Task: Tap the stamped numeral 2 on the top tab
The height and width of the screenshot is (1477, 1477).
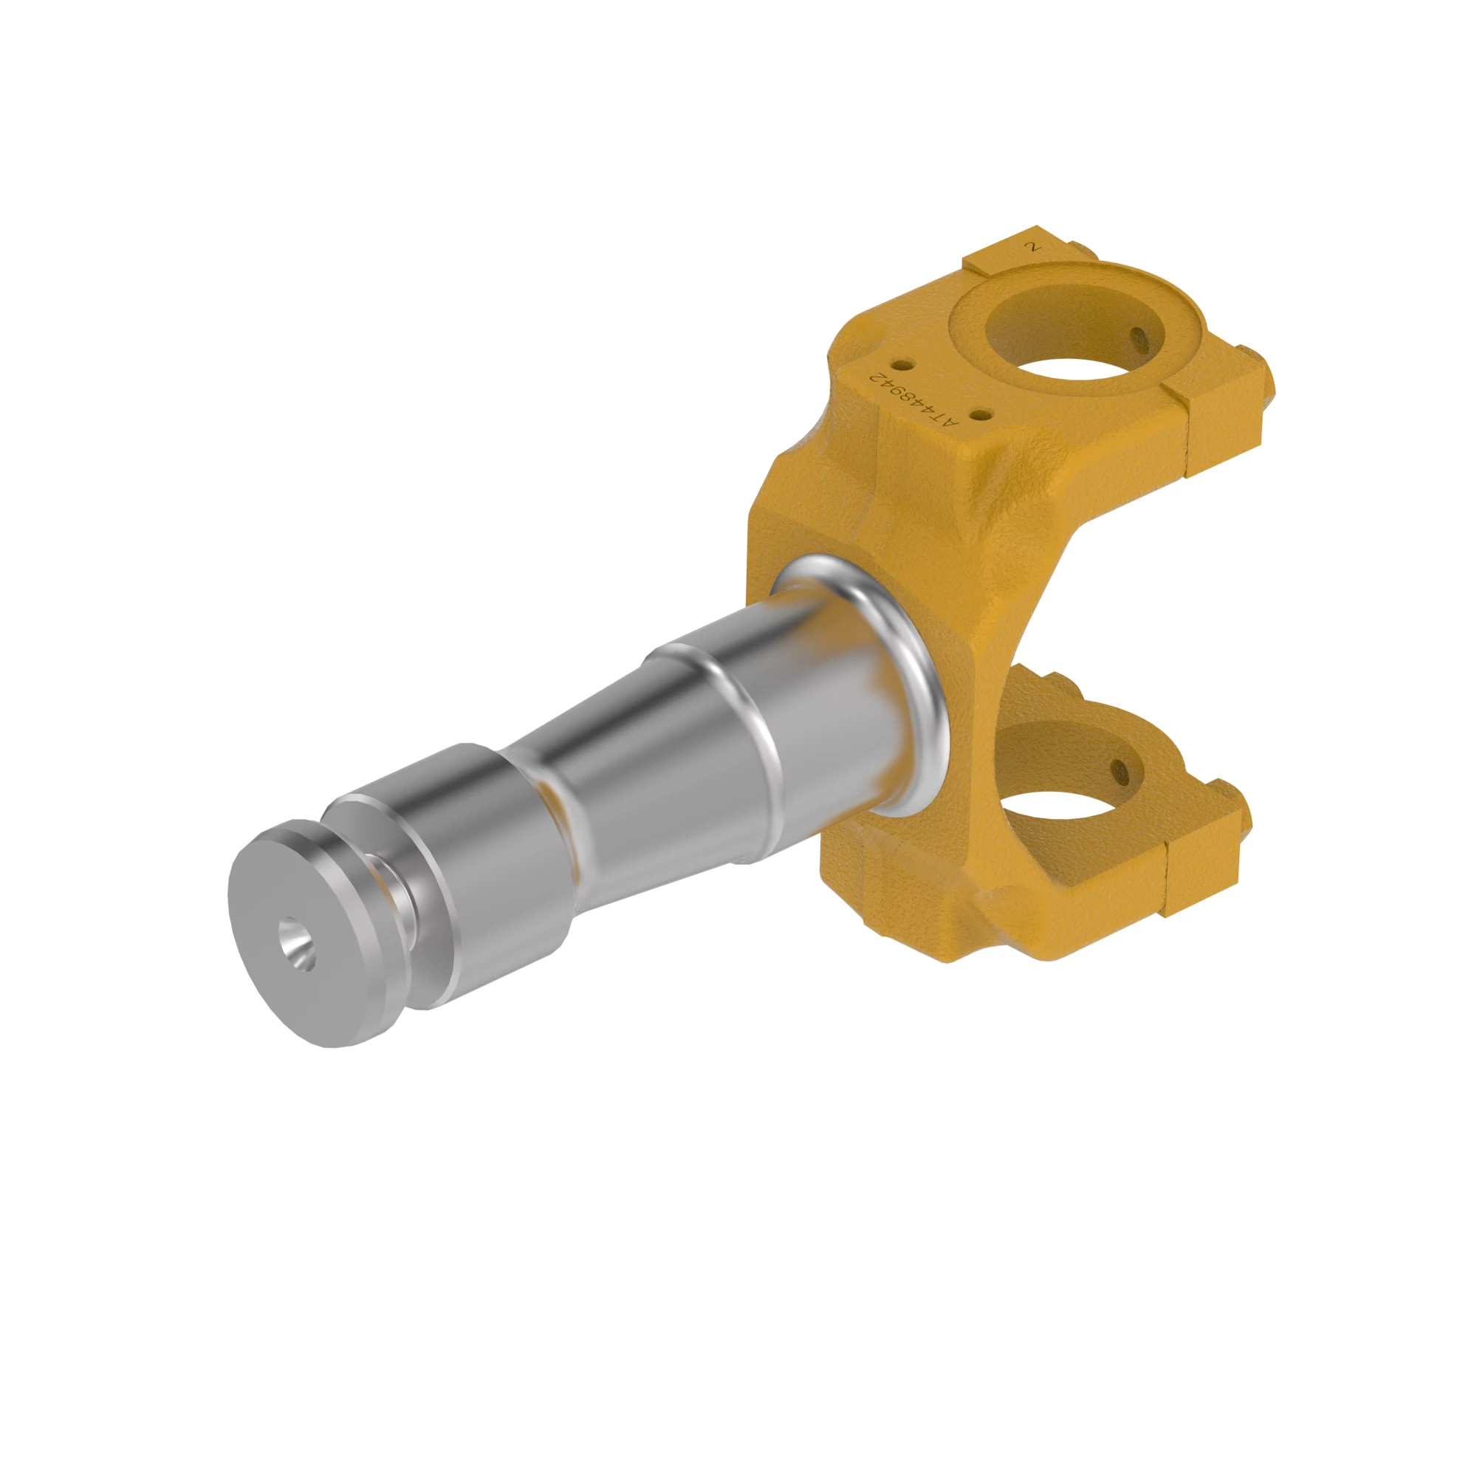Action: pyautogui.click(x=1035, y=247)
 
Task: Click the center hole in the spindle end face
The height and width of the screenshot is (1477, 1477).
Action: pyautogui.click(x=296, y=947)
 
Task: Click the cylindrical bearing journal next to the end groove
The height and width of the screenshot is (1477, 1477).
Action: pyautogui.click(x=474, y=849)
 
